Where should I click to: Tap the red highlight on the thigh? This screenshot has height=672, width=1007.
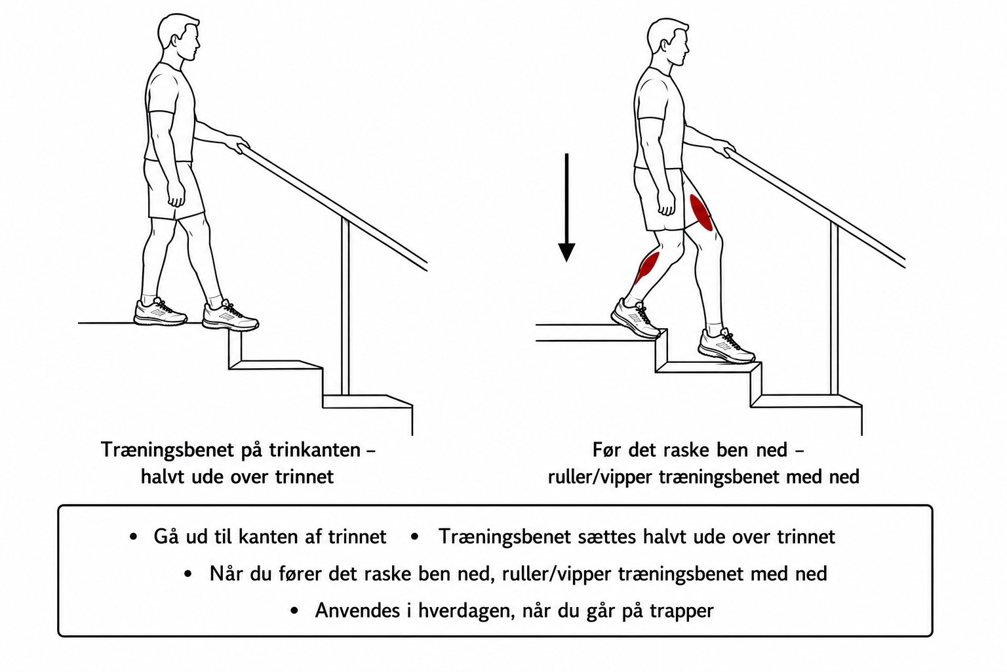[x=701, y=213]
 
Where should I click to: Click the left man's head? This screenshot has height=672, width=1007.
[x=179, y=37]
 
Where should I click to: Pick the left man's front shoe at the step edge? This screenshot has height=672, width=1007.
[x=230, y=316]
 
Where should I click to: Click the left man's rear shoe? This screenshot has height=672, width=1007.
[x=161, y=312]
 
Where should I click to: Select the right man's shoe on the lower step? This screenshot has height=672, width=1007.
[x=726, y=346]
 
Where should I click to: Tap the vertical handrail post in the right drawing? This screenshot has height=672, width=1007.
[x=834, y=309]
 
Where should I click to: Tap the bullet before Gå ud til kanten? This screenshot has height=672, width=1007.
[x=133, y=537]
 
